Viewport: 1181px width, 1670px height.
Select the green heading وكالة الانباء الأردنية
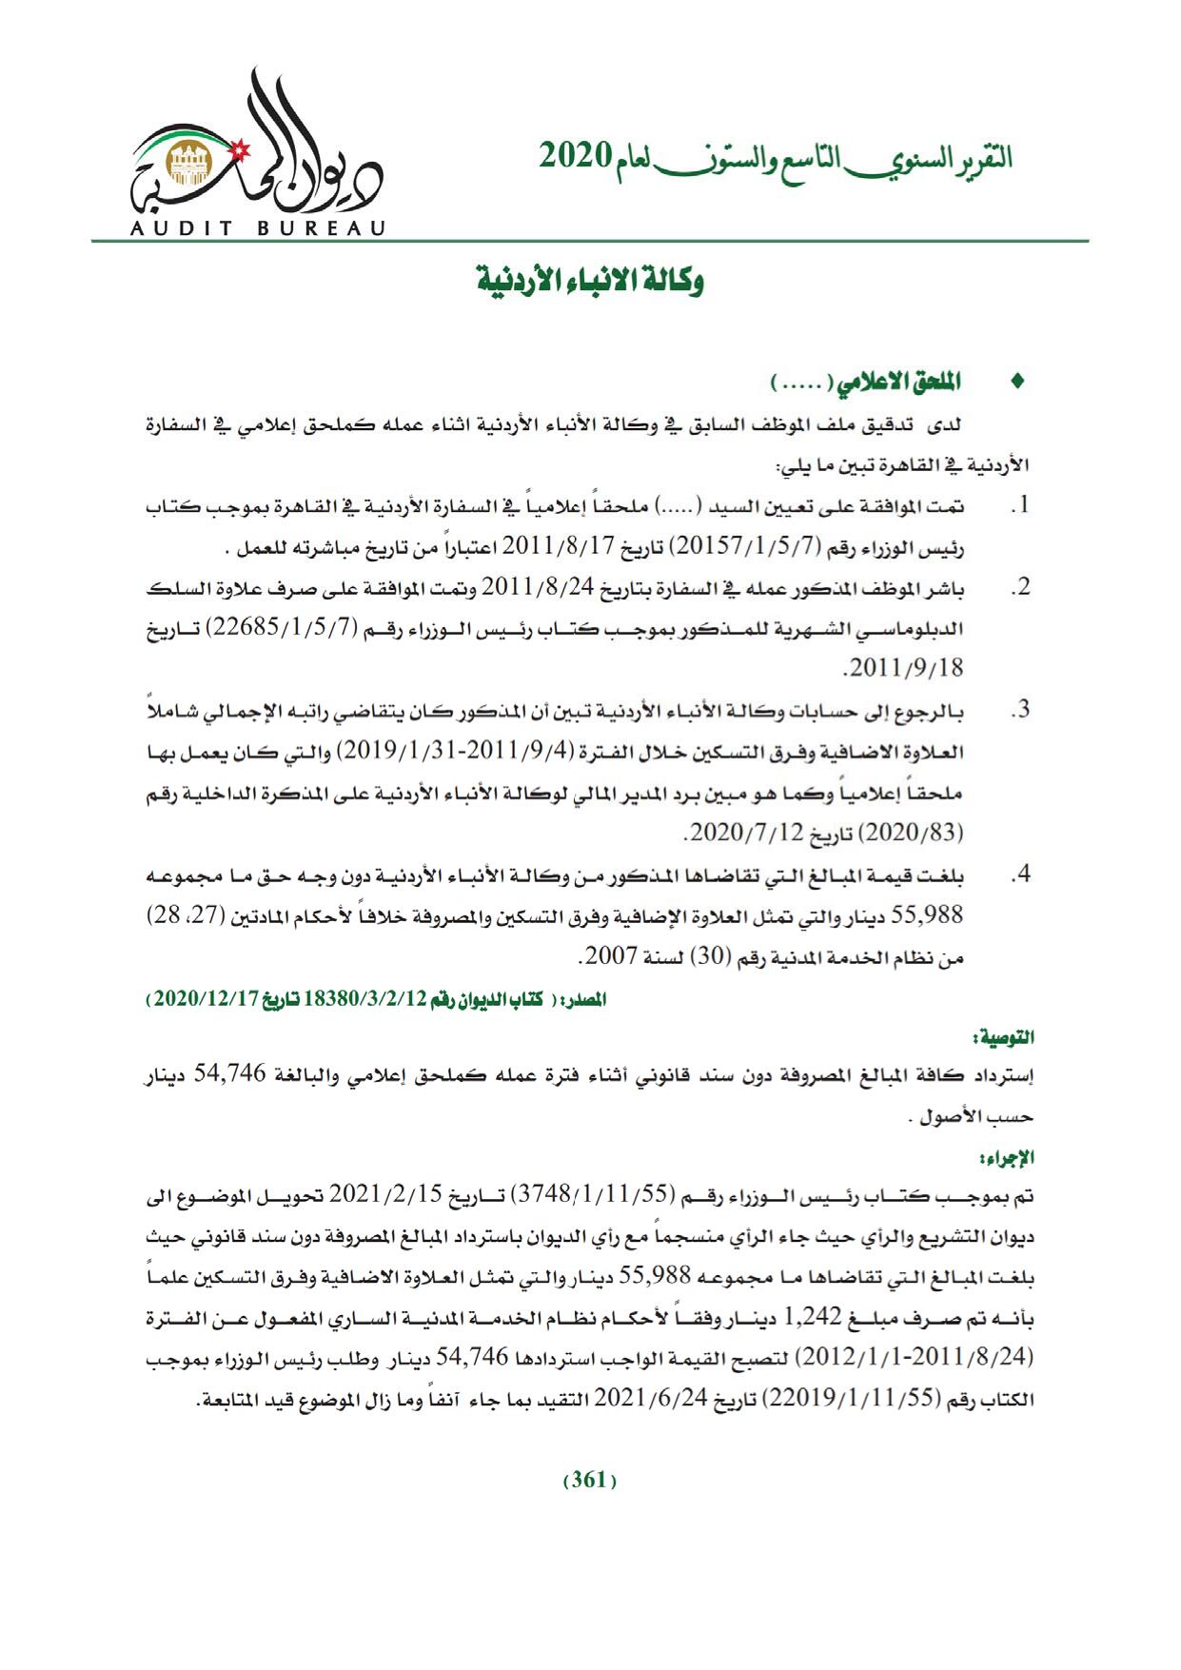(x=590, y=282)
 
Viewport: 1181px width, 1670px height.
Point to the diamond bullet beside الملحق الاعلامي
(x=1019, y=383)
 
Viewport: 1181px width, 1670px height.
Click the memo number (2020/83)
(x=912, y=834)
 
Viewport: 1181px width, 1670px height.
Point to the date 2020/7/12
(x=733, y=834)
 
